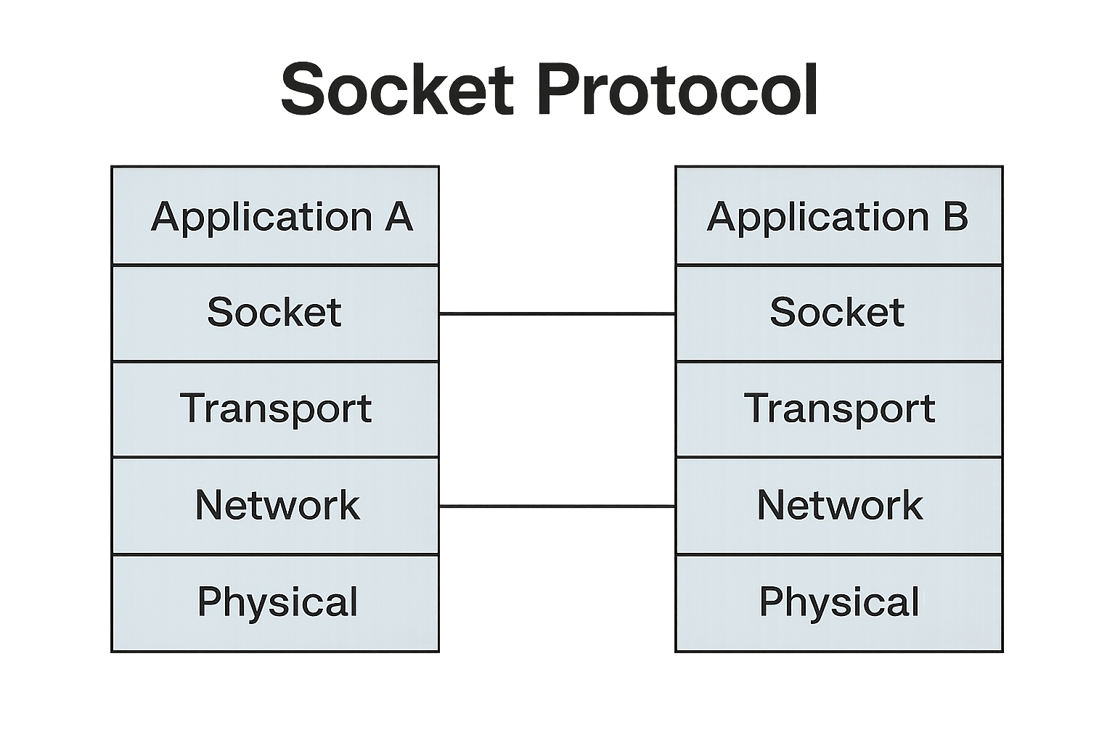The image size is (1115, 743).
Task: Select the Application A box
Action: point(275,216)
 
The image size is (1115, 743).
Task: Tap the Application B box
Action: point(838,216)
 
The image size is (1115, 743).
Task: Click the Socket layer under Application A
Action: point(275,313)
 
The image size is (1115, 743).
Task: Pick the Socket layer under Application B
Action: point(838,313)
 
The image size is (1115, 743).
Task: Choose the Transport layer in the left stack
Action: point(275,409)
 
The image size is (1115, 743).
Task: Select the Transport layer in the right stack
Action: point(838,409)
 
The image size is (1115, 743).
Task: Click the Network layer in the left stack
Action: point(275,505)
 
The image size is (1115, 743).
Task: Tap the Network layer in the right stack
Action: point(838,505)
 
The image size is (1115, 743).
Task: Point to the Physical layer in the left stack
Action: point(275,602)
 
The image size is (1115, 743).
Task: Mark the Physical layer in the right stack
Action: point(838,602)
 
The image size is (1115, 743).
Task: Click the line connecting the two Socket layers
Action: point(557,314)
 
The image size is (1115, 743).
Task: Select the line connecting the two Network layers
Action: point(557,506)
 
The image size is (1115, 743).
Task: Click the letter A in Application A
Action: point(399,216)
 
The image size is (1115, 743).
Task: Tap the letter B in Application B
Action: point(955,216)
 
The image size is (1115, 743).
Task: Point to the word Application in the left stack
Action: point(261,218)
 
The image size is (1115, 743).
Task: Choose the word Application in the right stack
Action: point(818,218)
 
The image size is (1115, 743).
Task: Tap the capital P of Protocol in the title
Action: point(559,90)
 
